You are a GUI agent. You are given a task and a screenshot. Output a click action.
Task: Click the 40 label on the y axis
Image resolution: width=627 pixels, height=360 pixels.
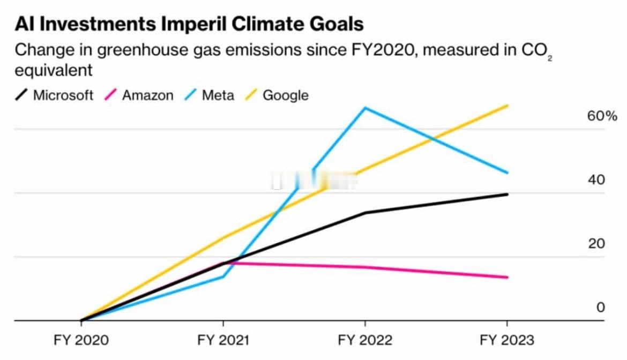[596, 180]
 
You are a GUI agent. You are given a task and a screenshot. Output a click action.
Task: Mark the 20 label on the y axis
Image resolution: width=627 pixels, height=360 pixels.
[596, 244]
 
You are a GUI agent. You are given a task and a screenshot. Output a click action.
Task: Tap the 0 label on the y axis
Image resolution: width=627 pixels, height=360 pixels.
[601, 307]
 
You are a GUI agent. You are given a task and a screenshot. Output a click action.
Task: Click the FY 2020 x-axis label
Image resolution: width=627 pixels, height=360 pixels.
[81, 340]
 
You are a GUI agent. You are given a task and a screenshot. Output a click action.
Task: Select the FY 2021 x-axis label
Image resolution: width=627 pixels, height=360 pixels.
[223, 340]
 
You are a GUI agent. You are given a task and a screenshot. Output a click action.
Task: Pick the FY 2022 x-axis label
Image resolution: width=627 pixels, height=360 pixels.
[365, 340]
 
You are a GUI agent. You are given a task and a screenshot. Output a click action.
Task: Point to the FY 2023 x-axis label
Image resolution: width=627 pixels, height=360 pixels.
[507, 340]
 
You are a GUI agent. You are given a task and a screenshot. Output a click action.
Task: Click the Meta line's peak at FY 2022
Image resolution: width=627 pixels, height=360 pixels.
[365, 108]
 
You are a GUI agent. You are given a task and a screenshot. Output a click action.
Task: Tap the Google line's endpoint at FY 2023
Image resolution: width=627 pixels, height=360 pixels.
[507, 106]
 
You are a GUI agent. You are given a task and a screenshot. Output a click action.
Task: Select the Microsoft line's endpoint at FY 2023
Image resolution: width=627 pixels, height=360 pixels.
[507, 194]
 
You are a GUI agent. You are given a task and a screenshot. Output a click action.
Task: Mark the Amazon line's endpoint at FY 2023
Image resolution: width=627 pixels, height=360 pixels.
[507, 277]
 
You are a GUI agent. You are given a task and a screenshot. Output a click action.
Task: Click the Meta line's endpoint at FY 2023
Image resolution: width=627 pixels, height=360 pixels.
[507, 172]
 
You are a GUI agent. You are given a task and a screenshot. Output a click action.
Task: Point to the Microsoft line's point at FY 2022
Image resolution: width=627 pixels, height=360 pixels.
[365, 213]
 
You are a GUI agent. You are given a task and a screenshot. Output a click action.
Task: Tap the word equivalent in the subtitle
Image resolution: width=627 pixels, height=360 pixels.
[54, 70]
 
